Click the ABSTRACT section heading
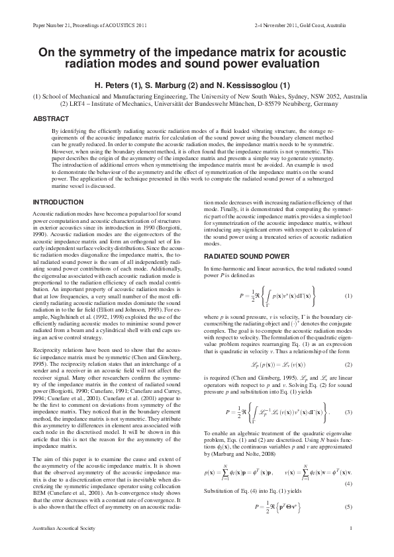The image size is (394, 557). click(x=50, y=119)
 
